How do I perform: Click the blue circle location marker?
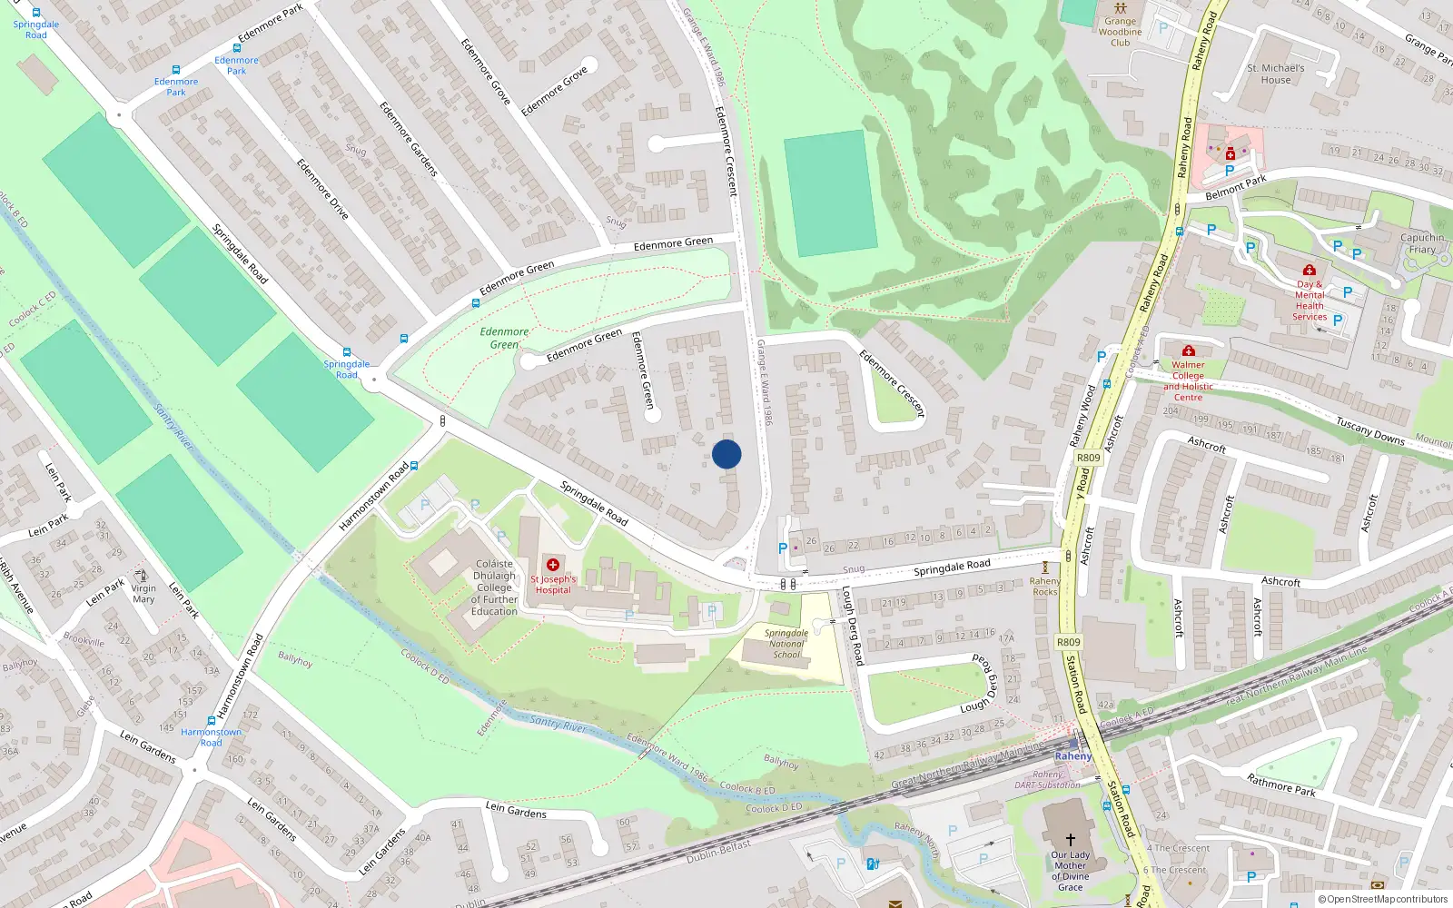[726, 454]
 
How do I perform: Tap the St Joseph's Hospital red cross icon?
[552, 565]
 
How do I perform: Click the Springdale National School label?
[786, 644]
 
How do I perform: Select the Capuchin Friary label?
[1422, 243]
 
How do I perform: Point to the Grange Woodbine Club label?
[1120, 32]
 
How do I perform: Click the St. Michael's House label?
[1276, 74]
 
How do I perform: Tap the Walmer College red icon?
[1188, 350]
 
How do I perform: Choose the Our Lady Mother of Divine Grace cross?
[1070, 840]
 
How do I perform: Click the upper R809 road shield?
[1088, 458]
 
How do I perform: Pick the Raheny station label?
[1073, 755]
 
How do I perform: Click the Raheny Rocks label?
[1045, 587]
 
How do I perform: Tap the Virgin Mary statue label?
[143, 593]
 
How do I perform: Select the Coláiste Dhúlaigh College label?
[494, 587]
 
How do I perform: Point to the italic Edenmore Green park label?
[504, 338]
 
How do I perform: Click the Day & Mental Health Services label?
[1310, 301]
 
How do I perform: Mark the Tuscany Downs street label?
[1370, 430]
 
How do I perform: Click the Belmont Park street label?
[1235, 188]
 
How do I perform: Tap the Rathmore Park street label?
[1280, 785]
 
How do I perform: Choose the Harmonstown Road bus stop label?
[211, 737]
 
